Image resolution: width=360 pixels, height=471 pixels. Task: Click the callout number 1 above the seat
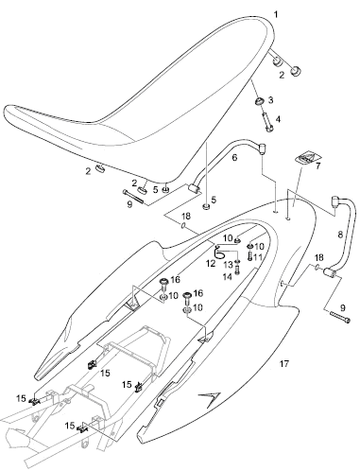pos(276,14)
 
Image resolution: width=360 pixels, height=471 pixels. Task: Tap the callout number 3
pos(270,100)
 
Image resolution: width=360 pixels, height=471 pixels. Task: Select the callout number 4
pos(278,119)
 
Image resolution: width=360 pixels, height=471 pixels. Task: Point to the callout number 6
pos(234,157)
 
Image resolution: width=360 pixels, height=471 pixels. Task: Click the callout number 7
pos(317,166)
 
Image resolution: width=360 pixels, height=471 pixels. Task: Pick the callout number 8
pos(340,235)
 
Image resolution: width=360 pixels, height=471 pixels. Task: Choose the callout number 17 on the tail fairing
pos(284,364)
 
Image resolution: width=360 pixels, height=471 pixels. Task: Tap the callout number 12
pos(211,263)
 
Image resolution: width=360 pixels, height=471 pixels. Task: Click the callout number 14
pos(228,277)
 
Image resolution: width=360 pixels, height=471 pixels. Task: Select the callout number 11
pos(258,257)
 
